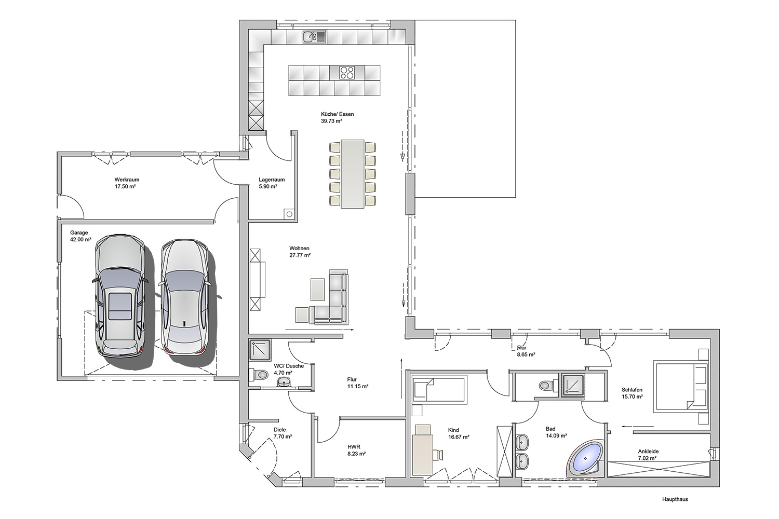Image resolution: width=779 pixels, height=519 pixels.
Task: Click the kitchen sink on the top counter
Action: [314, 36]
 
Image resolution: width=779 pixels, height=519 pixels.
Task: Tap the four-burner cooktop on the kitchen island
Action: [347, 73]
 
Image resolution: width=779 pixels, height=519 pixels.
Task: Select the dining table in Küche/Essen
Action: [352, 174]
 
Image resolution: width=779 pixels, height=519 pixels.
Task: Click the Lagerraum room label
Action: [272, 180]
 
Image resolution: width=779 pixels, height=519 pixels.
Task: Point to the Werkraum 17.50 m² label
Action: [127, 183]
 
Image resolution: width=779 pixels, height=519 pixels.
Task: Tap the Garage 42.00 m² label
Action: [80, 236]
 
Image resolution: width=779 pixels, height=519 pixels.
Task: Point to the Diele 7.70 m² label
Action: [283, 433]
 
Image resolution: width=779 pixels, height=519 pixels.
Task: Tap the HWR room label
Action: [354, 447]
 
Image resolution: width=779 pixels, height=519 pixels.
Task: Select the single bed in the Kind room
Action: [439, 390]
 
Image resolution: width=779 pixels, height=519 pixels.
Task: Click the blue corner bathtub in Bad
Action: [585, 458]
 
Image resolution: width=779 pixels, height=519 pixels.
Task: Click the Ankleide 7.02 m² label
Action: [648, 455]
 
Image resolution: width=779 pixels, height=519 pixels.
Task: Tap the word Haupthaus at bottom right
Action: [675, 499]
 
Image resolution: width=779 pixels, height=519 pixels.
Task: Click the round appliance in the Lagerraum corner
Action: [289, 214]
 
